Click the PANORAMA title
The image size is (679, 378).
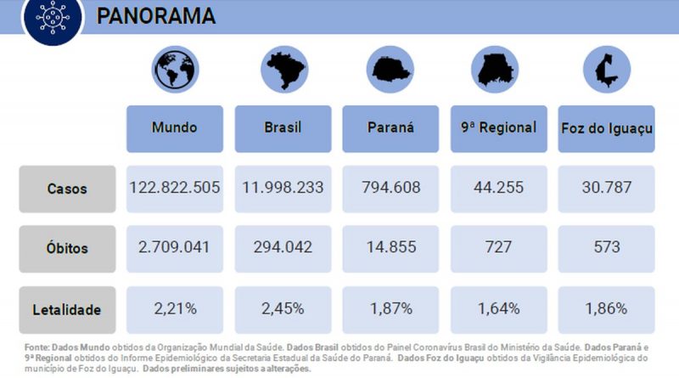click(x=156, y=16)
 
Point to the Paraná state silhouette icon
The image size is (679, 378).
click(x=390, y=69)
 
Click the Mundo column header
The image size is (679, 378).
click(x=174, y=128)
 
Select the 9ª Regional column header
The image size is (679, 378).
click(x=498, y=128)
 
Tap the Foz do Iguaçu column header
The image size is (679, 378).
click(x=606, y=129)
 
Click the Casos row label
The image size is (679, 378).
click(x=67, y=189)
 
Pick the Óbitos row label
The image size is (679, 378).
click(x=67, y=249)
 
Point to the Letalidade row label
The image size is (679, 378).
click(x=67, y=309)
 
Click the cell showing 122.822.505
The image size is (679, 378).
click(x=175, y=188)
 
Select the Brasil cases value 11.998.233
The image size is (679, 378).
click(x=283, y=188)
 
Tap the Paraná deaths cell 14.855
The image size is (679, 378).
click(x=390, y=247)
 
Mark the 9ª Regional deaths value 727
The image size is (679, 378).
click(x=498, y=247)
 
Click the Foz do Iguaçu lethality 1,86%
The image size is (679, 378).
click(x=606, y=308)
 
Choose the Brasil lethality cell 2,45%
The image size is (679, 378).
click(x=283, y=308)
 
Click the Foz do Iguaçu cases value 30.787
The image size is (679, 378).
click(x=606, y=188)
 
